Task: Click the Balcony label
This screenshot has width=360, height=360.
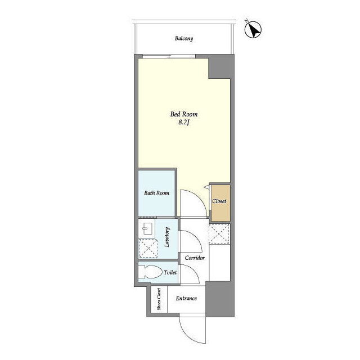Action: pyautogui.click(x=184, y=38)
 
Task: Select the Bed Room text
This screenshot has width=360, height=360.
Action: pyautogui.click(x=184, y=114)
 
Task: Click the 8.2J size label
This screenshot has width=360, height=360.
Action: pyautogui.click(x=184, y=123)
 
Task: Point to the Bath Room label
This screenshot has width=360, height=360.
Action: pyautogui.click(x=157, y=193)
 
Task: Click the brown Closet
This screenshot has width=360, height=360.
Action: pyautogui.click(x=220, y=203)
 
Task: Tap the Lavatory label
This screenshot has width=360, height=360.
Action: pyautogui.click(x=167, y=237)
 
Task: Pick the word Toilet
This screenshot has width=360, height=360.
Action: pyautogui.click(x=170, y=272)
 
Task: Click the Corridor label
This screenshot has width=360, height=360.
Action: pyautogui.click(x=195, y=258)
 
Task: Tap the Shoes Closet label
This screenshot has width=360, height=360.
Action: pyautogui.click(x=159, y=299)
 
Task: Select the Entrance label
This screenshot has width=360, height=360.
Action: pyautogui.click(x=186, y=298)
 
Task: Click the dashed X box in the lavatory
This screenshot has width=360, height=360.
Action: pyautogui.click(x=148, y=248)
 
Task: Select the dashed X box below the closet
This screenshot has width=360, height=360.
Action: pyautogui.click(x=219, y=234)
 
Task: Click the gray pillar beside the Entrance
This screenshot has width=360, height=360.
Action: pyautogui.click(x=220, y=299)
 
